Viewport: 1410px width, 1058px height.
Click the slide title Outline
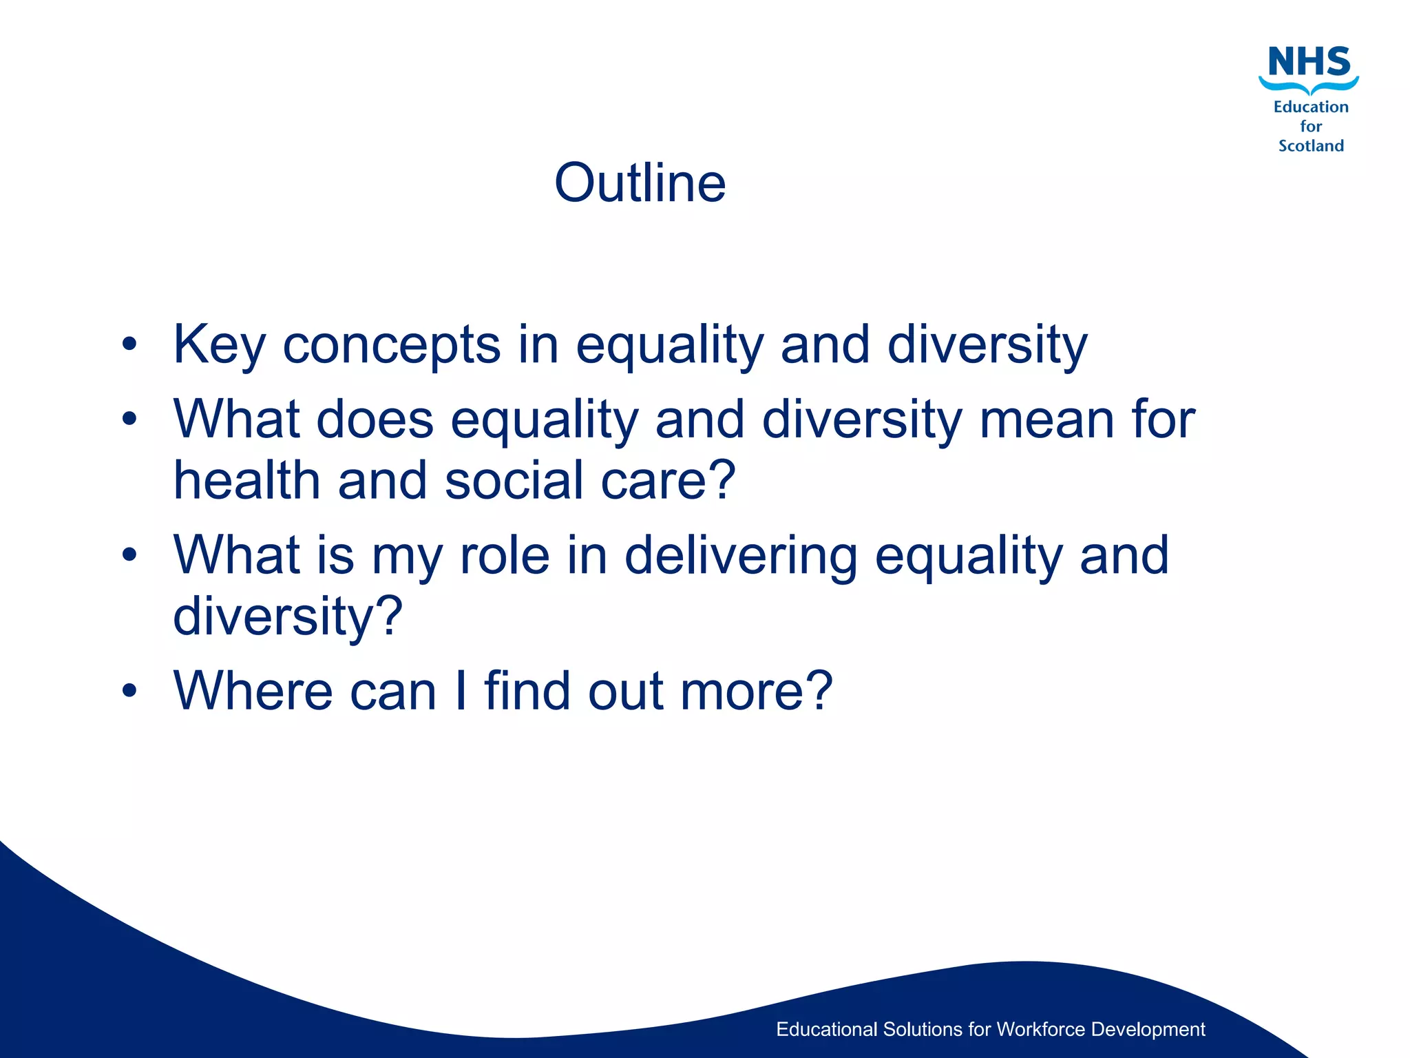point(640,183)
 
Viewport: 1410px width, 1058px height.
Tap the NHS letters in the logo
point(1309,62)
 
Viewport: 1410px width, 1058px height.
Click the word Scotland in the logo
point(1311,146)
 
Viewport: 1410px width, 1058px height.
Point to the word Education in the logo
point(1311,107)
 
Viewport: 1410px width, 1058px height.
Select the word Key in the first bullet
point(220,346)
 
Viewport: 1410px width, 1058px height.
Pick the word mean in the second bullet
point(1046,420)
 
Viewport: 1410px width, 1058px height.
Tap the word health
point(247,480)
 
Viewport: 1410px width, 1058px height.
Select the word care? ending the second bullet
point(669,480)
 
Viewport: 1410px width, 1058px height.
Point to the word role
point(505,555)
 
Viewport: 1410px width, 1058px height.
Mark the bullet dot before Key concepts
point(129,344)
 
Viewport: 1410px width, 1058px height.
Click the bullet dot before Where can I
point(129,690)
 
